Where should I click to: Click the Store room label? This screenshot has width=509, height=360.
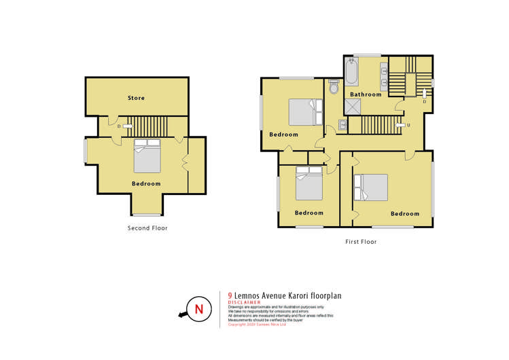tap(136, 98)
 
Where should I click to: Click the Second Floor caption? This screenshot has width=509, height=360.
tap(147, 228)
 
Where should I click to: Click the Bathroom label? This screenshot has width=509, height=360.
tap(366, 94)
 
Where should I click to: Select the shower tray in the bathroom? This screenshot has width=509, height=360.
tap(353, 107)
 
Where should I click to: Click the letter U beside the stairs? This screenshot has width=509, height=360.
tap(408, 126)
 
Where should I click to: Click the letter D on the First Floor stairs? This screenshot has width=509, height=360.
tap(424, 102)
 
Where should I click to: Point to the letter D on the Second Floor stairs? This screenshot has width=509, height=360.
tap(118, 126)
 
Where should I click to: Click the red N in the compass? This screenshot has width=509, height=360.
tap(198, 310)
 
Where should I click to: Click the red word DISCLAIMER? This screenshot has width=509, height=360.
tap(245, 303)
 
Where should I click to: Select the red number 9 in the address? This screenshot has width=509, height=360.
tap(230, 295)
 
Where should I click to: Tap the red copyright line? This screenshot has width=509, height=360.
tap(258, 325)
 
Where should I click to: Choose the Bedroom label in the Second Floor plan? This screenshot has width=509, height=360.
tap(146, 184)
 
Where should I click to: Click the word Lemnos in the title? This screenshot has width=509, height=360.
tap(249, 295)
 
